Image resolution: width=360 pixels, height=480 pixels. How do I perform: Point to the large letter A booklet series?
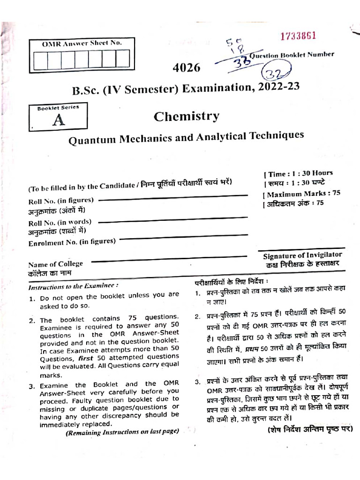click(59, 120)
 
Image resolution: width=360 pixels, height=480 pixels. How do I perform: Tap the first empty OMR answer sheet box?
click(40, 60)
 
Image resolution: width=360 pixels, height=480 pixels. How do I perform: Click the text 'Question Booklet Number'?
click(292, 55)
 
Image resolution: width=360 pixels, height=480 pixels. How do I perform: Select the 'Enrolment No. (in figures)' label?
click(72, 242)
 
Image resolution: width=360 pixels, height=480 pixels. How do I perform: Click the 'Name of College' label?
click(55, 264)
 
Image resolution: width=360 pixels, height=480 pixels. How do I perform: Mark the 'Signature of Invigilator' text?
click(302, 255)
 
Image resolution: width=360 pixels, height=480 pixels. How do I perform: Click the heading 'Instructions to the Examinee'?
click(74, 286)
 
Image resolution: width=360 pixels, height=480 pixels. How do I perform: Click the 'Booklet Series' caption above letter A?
click(58, 108)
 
